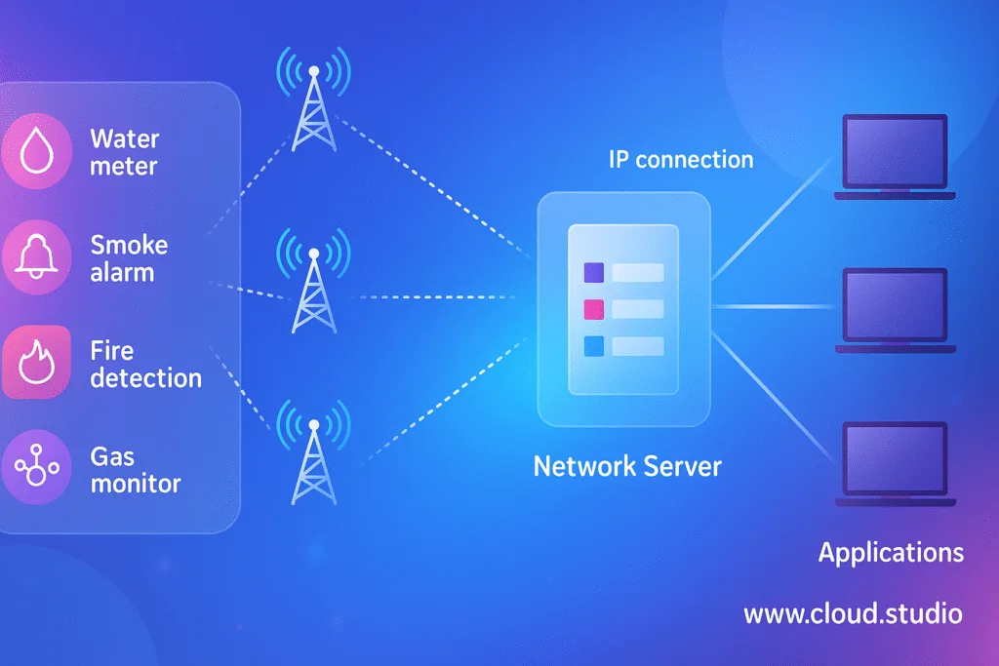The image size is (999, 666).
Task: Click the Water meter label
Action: [124, 152]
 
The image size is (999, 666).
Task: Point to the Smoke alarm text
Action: [128, 258]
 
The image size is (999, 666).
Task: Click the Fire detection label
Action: [145, 364]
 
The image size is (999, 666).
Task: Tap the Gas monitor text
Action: [135, 469]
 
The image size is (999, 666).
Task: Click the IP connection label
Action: [681, 159]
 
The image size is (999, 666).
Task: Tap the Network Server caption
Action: [627, 465]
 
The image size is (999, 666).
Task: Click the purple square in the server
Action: [593, 273]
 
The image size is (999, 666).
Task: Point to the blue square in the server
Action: [593, 346]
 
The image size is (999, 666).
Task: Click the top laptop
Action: [895, 156]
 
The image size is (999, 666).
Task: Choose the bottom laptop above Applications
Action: [895, 463]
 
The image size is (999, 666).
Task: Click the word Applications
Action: [891, 553]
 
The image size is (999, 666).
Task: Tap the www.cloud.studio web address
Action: [853, 614]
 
